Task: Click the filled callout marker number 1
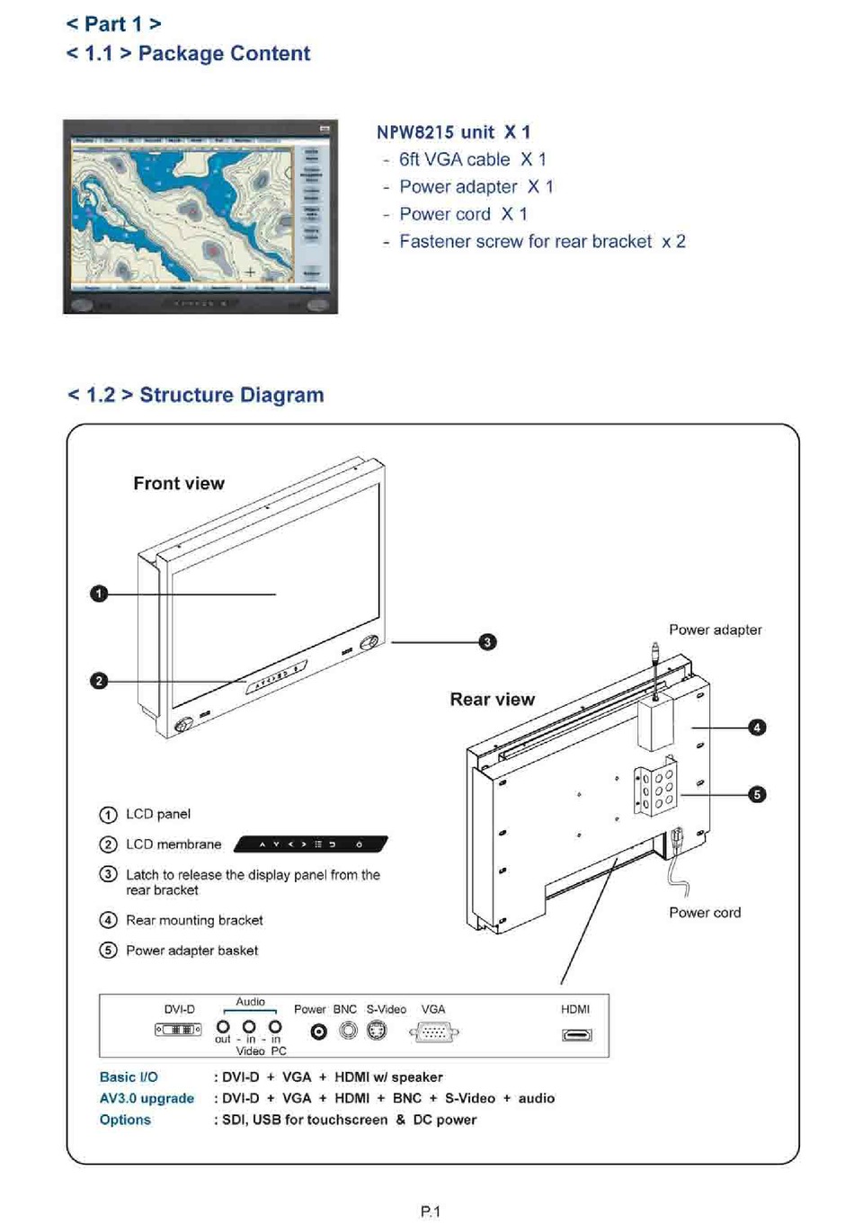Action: pyautogui.click(x=99, y=594)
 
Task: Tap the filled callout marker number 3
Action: pyautogui.click(x=487, y=642)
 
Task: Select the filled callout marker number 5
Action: pyautogui.click(x=757, y=794)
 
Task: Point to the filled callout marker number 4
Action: pyautogui.click(x=757, y=727)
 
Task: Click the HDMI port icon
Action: pyautogui.click(x=576, y=1034)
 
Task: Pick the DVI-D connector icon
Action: pyautogui.click(x=178, y=1029)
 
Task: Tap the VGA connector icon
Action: pyautogui.click(x=434, y=1032)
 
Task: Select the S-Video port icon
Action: pyautogui.click(x=378, y=1031)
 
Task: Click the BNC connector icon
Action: pyautogui.click(x=348, y=1031)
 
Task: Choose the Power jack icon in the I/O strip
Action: pyautogui.click(x=318, y=1032)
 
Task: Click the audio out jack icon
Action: pyautogui.click(x=223, y=1027)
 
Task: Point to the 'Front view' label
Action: pyautogui.click(x=179, y=484)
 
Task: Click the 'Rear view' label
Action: pyautogui.click(x=492, y=700)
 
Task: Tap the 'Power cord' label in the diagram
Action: pyautogui.click(x=705, y=913)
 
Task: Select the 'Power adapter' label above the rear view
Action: pyautogui.click(x=715, y=630)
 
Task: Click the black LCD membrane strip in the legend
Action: pyautogui.click(x=310, y=844)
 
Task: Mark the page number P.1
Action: pyautogui.click(x=431, y=1211)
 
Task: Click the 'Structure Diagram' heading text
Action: pyautogui.click(x=231, y=395)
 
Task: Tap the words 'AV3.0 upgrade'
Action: pyautogui.click(x=147, y=1098)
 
